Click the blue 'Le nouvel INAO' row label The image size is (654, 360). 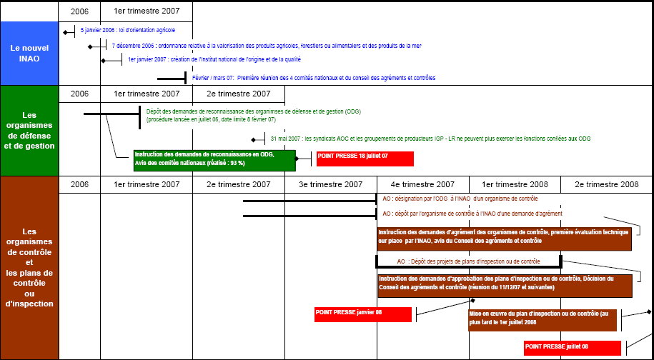tap(29, 53)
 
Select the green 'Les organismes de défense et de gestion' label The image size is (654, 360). tap(29, 130)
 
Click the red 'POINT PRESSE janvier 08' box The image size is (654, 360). tap(363, 314)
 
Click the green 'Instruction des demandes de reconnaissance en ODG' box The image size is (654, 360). tap(214, 160)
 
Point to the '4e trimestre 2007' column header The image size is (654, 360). tap(422, 184)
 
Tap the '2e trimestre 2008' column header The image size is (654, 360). tap(606, 184)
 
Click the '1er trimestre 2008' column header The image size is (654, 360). tap(515, 184)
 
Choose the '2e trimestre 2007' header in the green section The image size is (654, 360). tap(238, 94)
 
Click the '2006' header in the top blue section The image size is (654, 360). tap(79, 11)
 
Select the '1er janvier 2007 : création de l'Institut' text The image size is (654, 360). tap(214, 60)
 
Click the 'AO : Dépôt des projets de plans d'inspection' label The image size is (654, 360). tap(468, 262)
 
